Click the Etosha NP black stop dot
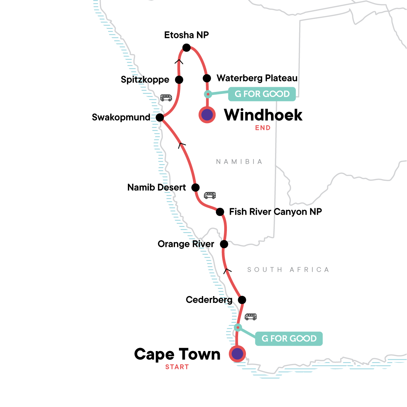pyautogui.click(x=186, y=48)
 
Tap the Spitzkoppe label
pyautogui.click(x=145, y=80)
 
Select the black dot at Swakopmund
pyautogui.click(x=160, y=118)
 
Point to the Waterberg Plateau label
pyautogui.click(x=257, y=78)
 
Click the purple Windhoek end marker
pyautogui.click(x=207, y=115)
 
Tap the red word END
pyautogui.click(x=263, y=128)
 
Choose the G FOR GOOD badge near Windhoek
pyautogui.click(x=262, y=94)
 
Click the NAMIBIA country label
pyautogui.click(x=239, y=162)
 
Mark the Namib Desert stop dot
pyautogui.click(x=195, y=187)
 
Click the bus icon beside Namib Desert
pyautogui.click(x=210, y=195)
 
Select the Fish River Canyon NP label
pyautogui.click(x=275, y=212)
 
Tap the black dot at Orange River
pyautogui.click(x=224, y=244)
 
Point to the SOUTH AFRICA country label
pyautogui.click(x=288, y=270)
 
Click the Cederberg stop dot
pyautogui.click(x=242, y=300)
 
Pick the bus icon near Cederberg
pyautogui.click(x=251, y=317)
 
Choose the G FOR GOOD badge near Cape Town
pyautogui.click(x=289, y=338)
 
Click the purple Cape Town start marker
pyautogui.click(x=237, y=354)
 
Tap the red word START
pyautogui.click(x=177, y=367)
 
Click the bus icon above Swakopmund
pyautogui.click(x=166, y=98)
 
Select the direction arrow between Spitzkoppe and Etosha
pyautogui.click(x=179, y=61)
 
